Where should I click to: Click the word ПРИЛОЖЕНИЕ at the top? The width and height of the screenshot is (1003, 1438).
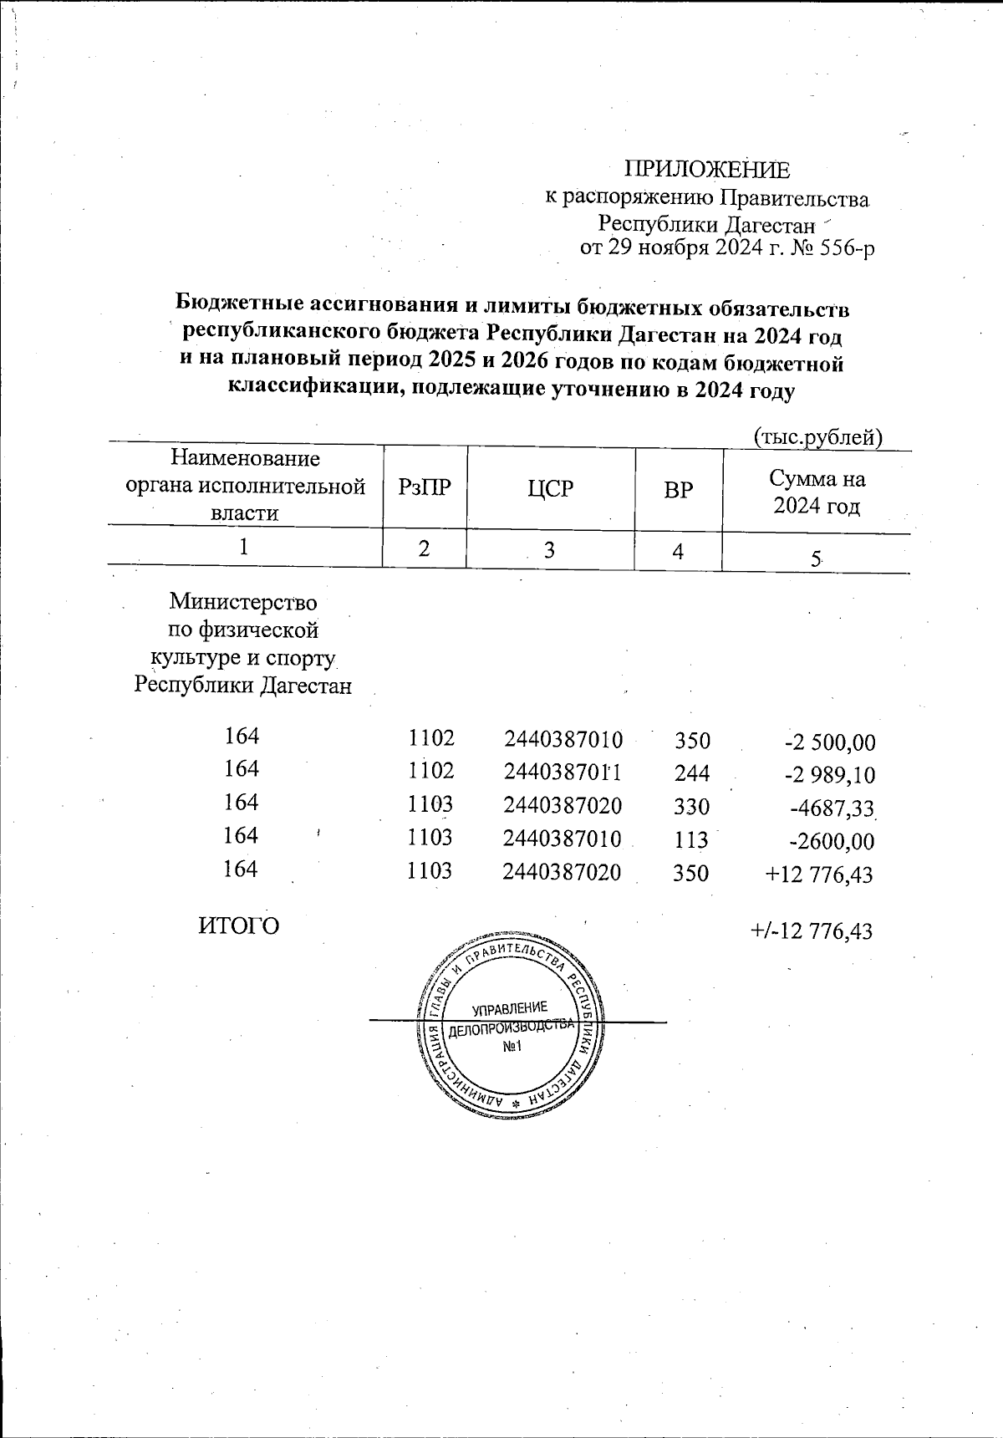707,170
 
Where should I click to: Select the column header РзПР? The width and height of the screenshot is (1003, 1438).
425,489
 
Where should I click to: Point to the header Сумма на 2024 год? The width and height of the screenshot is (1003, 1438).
817,492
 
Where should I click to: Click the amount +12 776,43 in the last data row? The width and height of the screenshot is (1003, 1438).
819,875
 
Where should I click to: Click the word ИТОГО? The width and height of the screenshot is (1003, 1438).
239,926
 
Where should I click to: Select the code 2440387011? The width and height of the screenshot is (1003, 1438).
563,773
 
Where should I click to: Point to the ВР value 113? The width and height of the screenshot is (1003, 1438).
692,840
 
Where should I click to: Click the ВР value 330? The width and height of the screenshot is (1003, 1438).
692,807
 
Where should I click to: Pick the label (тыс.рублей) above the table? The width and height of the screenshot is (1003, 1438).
818,436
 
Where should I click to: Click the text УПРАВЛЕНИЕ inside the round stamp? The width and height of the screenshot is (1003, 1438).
509,1008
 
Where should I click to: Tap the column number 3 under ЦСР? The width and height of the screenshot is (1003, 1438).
549,551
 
